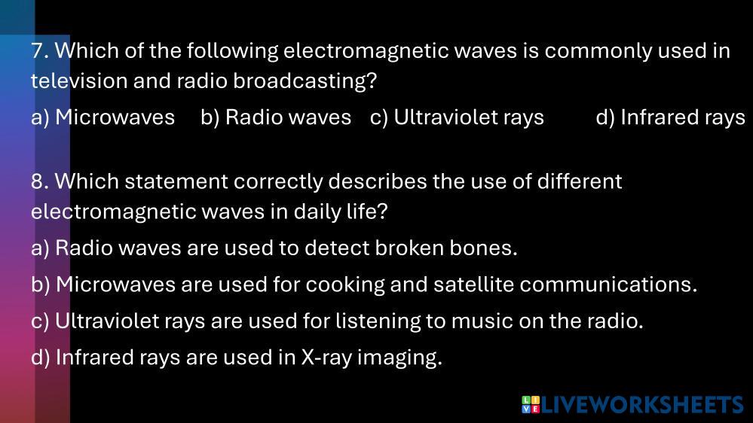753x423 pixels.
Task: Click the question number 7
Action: (x=39, y=51)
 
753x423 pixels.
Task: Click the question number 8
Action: (x=39, y=181)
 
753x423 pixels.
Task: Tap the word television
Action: (x=79, y=81)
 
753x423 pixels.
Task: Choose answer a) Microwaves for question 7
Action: (x=103, y=117)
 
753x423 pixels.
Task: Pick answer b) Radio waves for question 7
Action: (x=276, y=117)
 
